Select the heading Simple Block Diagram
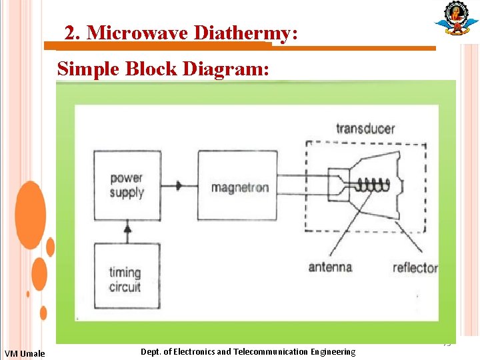[x=163, y=68]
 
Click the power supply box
[x=127, y=185]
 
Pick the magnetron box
[x=237, y=185]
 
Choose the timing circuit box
[x=127, y=276]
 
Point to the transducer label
[x=365, y=129]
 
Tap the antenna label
[x=329, y=267]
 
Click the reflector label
[x=415, y=268]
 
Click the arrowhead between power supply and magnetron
[x=179, y=186]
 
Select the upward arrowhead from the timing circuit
[x=127, y=229]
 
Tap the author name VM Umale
[x=24, y=353]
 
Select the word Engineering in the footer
[x=334, y=351]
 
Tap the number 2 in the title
[x=71, y=32]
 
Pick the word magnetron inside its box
[x=240, y=187]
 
